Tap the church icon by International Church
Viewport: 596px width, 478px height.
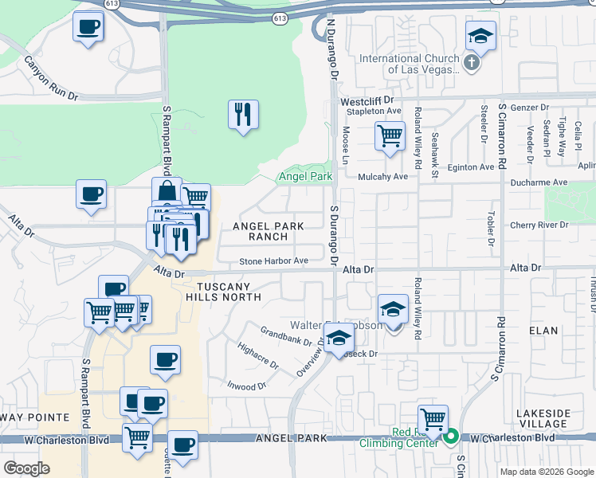coord(471,63)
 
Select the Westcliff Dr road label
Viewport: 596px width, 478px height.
coord(368,101)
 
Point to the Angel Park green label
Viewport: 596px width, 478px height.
coord(304,176)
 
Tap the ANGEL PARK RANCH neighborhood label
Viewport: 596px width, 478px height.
coord(268,232)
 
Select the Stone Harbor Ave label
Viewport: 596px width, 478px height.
coord(273,261)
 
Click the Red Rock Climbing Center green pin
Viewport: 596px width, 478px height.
coord(451,436)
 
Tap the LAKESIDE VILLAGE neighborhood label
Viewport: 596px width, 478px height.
coord(543,418)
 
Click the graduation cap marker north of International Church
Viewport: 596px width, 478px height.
coord(480,36)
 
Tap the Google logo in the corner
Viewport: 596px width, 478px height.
coord(26,468)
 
